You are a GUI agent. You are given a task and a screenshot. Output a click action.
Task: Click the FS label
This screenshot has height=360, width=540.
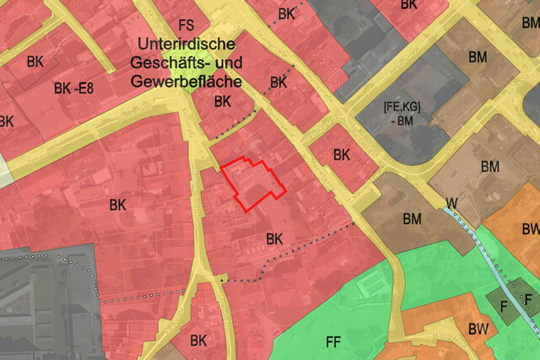186,25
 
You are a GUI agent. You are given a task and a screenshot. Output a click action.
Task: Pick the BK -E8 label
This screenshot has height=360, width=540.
73,88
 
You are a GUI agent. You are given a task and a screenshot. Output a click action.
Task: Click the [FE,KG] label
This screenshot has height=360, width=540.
402,108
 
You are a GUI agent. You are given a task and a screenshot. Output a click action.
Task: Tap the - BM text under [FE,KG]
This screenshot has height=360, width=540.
402,122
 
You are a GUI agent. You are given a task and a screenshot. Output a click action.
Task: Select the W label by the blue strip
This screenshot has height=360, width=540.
453,202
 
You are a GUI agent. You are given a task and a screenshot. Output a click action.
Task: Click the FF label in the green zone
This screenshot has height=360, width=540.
333,341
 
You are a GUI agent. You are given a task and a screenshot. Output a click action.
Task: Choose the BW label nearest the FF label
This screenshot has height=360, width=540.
478,328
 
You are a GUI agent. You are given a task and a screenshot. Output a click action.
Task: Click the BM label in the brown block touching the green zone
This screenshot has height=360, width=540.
413,219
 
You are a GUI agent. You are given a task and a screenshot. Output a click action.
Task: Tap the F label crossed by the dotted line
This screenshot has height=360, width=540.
528,300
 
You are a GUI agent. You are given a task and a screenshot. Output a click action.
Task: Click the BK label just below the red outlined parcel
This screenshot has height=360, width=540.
274,239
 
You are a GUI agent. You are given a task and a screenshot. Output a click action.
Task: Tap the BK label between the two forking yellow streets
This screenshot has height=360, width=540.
199,340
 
